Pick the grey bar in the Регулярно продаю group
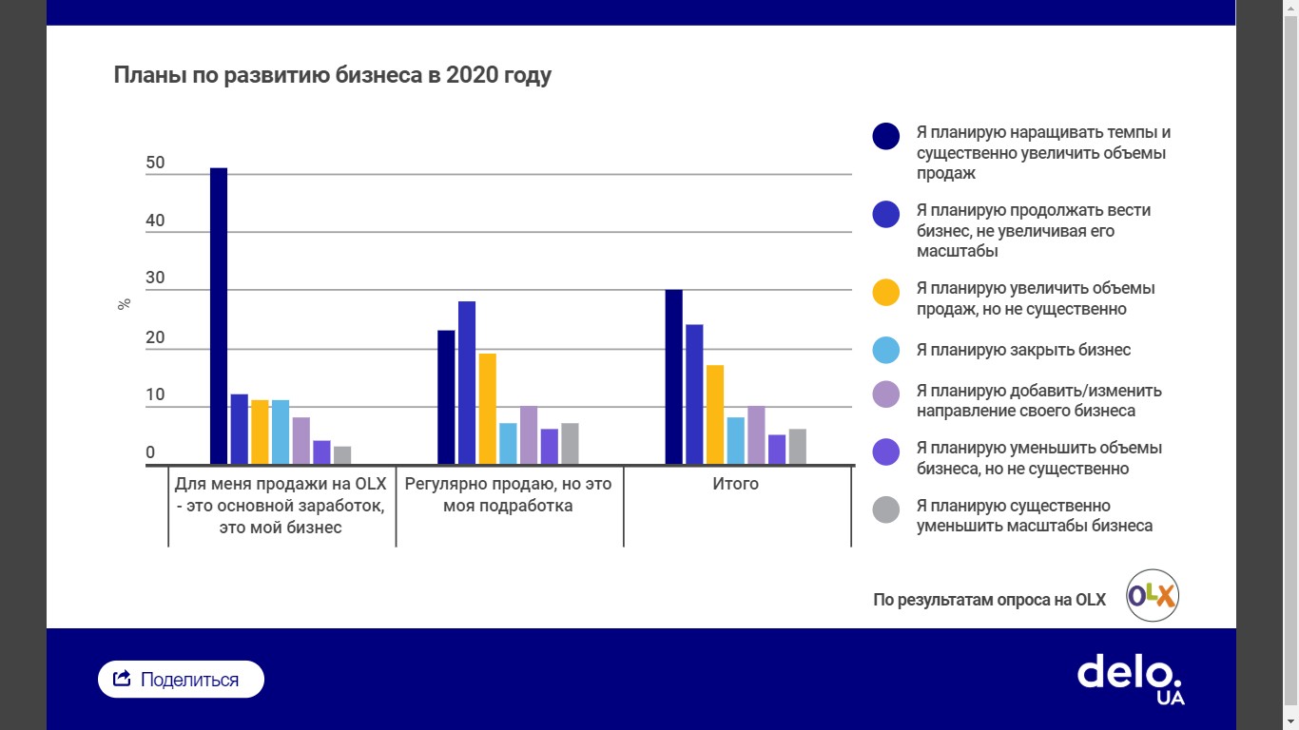[x=570, y=444]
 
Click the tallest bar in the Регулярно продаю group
[x=467, y=383]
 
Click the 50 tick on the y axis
[x=155, y=163]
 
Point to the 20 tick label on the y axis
[x=155, y=338]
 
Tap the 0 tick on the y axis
[x=150, y=453]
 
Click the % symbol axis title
[x=124, y=305]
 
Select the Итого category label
[x=736, y=484]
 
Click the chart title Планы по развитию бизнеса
[x=333, y=75]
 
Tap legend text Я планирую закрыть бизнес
[x=1023, y=350]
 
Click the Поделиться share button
[x=181, y=680]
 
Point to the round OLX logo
[x=1153, y=596]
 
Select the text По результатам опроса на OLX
[x=989, y=600]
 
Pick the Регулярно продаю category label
[x=509, y=494]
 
